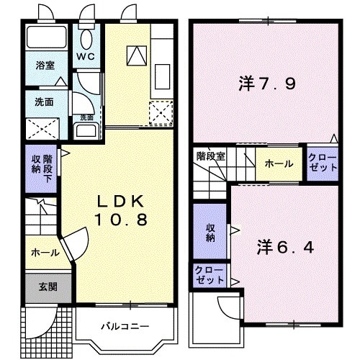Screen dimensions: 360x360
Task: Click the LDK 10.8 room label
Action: coord(121,208)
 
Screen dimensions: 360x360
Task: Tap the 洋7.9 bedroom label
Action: coord(266,83)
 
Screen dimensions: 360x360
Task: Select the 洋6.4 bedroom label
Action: coord(284,247)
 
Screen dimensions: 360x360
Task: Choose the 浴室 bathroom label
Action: coord(45,66)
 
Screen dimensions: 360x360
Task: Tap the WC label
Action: coord(87,55)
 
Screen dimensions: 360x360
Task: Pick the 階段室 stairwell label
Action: coord(210,155)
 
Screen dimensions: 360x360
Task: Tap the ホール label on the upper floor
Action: coord(279,164)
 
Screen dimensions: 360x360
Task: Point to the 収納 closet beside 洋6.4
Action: coord(210,232)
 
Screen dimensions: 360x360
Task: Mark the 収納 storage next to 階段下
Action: coord(35,165)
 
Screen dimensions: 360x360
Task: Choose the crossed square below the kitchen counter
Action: coord(160,112)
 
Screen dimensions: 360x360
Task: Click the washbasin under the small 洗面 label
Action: coord(87,132)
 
